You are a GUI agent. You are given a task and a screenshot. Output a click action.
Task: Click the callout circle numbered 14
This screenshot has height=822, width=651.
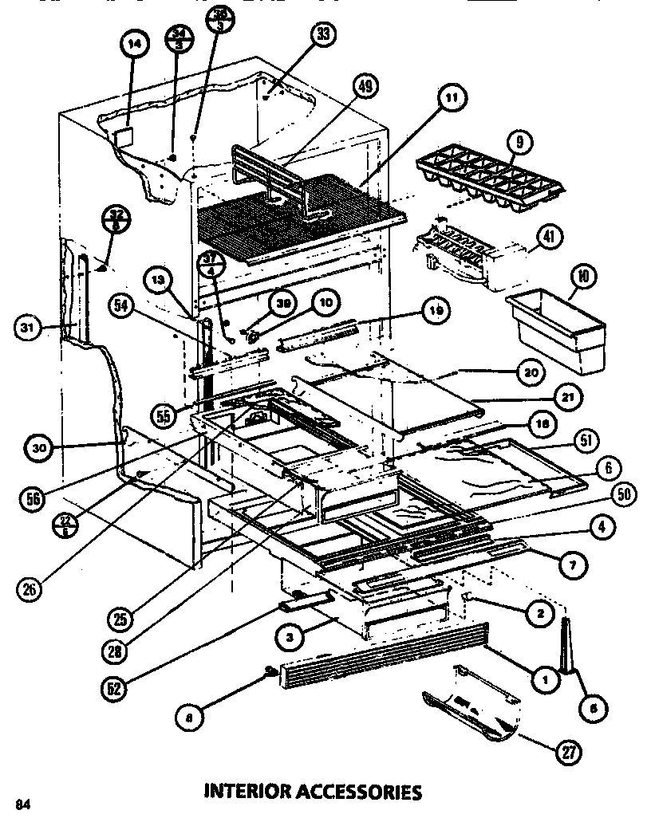pyautogui.click(x=133, y=45)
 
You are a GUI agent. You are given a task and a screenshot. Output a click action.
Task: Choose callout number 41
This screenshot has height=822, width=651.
pyautogui.click(x=550, y=237)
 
